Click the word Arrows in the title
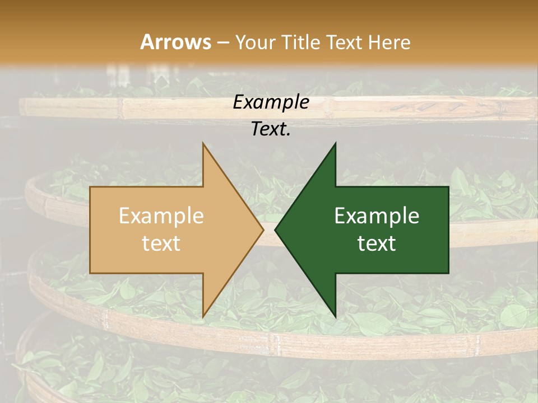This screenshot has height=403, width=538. pos(176,42)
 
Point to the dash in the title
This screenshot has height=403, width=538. pos(223,43)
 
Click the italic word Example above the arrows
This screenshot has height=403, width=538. pos(271,102)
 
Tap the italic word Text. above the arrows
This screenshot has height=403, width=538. pos(271,129)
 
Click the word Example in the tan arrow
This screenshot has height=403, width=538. pos(161,216)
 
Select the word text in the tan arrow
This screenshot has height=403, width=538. pos(161,243)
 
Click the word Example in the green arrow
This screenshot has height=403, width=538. pos(377,216)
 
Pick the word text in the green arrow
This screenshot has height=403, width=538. pos(377,243)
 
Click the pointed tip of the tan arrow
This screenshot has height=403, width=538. pos(263,229)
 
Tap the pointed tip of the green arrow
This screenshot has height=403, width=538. pos(275,229)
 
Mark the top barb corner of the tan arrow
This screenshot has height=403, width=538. pos(203,143)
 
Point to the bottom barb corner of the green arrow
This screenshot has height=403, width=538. pos(336,317)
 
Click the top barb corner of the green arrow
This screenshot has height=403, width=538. pos(336,143)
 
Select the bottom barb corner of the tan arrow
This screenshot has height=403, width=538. pos(203,317)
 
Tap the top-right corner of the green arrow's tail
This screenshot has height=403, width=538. pos(448,187)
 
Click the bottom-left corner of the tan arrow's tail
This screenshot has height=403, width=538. pos(90,273)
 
